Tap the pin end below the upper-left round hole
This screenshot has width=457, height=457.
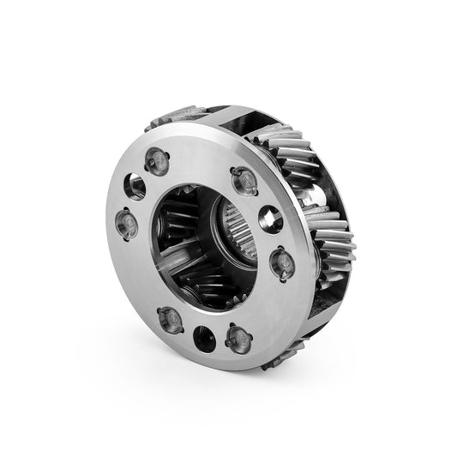125,224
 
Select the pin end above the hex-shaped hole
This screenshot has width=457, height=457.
243,178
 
